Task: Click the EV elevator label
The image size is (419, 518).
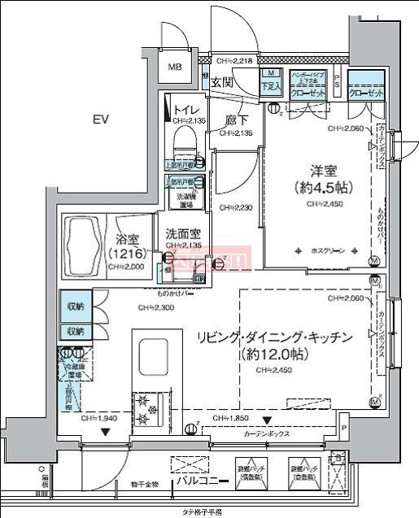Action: coord(100,120)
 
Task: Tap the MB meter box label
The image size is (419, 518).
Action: coord(175,67)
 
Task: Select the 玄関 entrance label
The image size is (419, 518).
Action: coord(222,82)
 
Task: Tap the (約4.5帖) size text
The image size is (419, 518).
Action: coord(323,188)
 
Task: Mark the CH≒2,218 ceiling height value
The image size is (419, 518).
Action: coord(236,61)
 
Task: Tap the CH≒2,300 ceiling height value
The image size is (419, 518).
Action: coord(154,307)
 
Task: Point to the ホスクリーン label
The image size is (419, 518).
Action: coord(328,251)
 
